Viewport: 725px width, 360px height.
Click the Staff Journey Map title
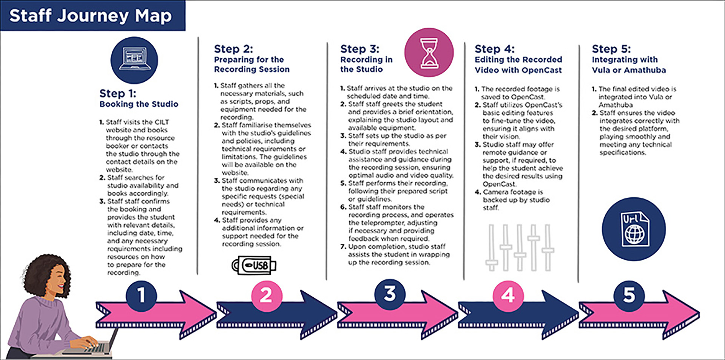pyautogui.click(x=91, y=16)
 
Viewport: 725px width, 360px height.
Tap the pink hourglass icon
pyautogui.click(x=429, y=52)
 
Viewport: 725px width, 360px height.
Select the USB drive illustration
pyautogui.click(x=254, y=265)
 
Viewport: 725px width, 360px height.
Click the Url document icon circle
pyautogui.click(x=634, y=229)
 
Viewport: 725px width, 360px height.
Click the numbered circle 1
pyautogui.click(x=141, y=295)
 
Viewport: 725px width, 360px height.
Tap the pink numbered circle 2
pyautogui.click(x=266, y=295)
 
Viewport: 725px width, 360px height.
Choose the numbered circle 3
pyautogui.click(x=390, y=294)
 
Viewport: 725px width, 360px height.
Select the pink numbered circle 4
pyautogui.click(x=508, y=295)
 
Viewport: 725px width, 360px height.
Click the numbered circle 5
pyautogui.click(x=629, y=295)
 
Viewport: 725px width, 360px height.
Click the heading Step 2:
pyautogui.click(x=233, y=49)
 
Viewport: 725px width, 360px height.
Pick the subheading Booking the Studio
pyautogui.click(x=139, y=104)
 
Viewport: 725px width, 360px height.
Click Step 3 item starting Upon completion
pyautogui.click(x=396, y=254)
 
